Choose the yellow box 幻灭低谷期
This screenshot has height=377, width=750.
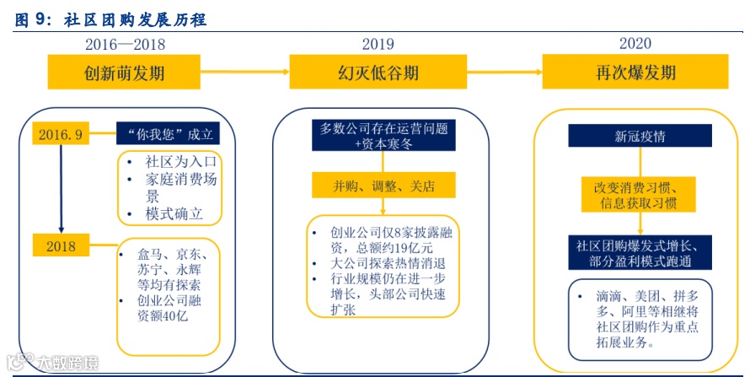378,73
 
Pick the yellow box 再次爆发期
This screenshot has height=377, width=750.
635,73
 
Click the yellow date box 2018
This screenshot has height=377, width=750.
62,246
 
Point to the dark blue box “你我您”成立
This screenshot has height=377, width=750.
169,134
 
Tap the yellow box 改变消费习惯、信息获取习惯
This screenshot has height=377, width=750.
634,195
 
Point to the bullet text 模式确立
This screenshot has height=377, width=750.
174,214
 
